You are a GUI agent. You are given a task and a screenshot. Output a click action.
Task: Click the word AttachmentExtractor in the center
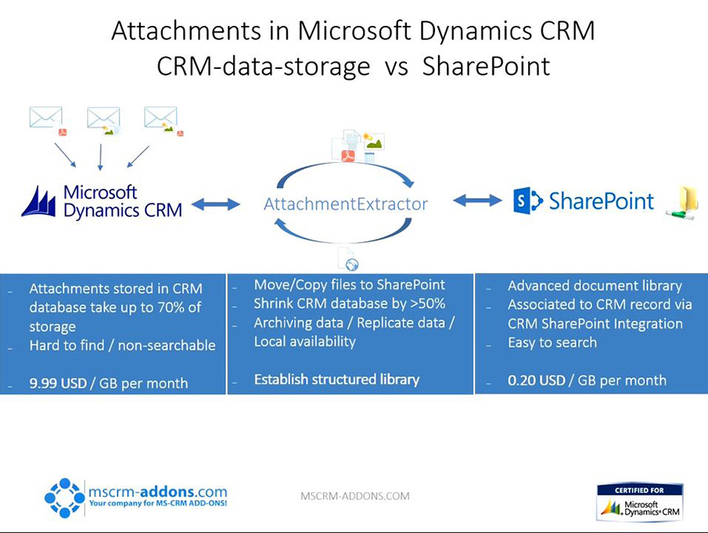pos(346,204)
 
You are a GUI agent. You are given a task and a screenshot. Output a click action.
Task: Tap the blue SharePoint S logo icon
pos(527,201)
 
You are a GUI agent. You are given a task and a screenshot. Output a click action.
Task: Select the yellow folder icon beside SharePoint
pos(682,203)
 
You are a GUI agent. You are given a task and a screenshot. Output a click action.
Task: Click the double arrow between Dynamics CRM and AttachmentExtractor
pos(216,204)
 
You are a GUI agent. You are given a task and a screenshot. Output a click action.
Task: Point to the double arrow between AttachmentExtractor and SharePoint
pos(477,200)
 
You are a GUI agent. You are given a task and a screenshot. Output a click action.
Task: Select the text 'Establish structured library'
pos(337,380)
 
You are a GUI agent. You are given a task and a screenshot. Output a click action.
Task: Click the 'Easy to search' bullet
pos(552,343)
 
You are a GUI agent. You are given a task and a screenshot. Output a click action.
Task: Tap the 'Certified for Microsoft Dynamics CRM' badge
pos(640,502)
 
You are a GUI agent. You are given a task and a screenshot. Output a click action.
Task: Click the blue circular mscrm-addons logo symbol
pos(65,498)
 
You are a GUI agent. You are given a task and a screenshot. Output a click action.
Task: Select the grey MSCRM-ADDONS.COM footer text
pos(355,496)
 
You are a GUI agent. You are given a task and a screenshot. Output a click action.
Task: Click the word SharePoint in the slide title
pos(487,67)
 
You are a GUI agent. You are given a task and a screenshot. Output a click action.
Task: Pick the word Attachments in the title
pos(186,31)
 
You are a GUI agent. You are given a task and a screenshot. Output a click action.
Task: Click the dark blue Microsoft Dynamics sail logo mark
pos(39,201)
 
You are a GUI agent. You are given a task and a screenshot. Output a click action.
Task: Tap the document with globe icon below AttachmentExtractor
pos(347,258)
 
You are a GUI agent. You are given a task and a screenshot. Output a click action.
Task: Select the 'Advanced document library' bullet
pos(595,286)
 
